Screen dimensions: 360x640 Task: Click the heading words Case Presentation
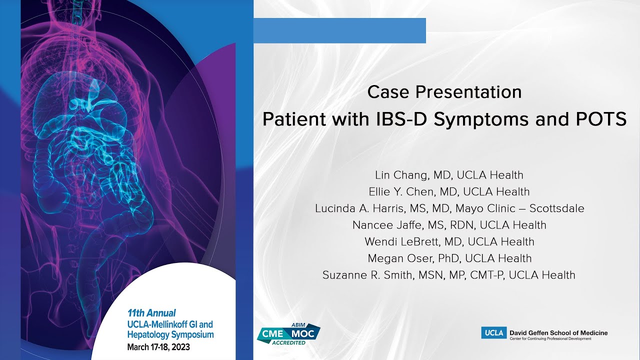click(444, 92)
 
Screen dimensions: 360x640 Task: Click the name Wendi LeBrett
click(398, 241)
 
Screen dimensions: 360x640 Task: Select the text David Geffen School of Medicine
click(558, 332)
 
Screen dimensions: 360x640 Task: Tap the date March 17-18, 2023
click(158, 346)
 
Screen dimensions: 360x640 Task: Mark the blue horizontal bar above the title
click(339, 30)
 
